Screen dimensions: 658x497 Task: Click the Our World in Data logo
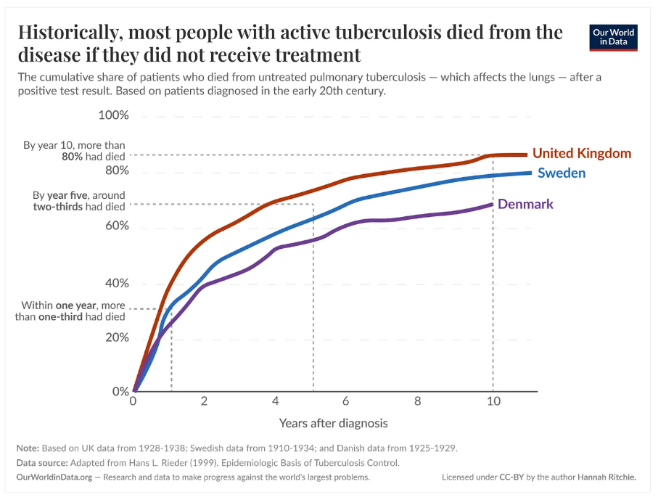click(x=613, y=38)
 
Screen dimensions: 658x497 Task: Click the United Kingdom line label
click(x=582, y=153)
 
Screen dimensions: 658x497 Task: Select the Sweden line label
click(x=562, y=173)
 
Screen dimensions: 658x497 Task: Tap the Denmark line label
click(x=525, y=204)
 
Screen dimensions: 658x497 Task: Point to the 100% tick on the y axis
click(x=113, y=115)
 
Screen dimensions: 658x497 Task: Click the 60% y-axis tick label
click(x=117, y=226)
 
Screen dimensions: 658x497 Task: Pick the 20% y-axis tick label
click(x=117, y=337)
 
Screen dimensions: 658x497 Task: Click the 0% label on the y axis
click(x=120, y=391)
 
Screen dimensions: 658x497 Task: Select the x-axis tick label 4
click(x=275, y=401)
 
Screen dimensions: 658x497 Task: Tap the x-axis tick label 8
click(x=418, y=401)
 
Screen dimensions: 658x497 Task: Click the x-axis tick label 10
click(x=493, y=401)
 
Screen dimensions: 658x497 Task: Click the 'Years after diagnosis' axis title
click(x=333, y=423)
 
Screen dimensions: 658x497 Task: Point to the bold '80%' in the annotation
click(x=72, y=157)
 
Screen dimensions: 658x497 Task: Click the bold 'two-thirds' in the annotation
click(x=58, y=207)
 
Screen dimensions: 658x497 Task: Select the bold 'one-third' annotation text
click(x=60, y=316)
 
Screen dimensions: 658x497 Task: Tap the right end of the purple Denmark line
click(x=492, y=205)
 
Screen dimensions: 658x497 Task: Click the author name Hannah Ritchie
click(x=606, y=477)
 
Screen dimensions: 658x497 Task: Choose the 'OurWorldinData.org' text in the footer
click(x=54, y=477)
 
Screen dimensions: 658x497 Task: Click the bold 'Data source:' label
click(x=42, y=463)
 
